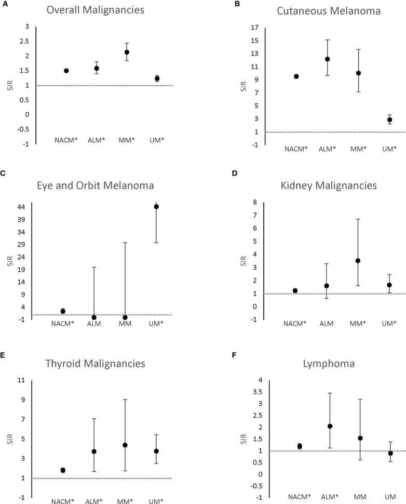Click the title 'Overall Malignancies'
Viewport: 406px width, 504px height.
point(102,10)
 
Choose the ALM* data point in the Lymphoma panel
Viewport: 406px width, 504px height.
point(330,426)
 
